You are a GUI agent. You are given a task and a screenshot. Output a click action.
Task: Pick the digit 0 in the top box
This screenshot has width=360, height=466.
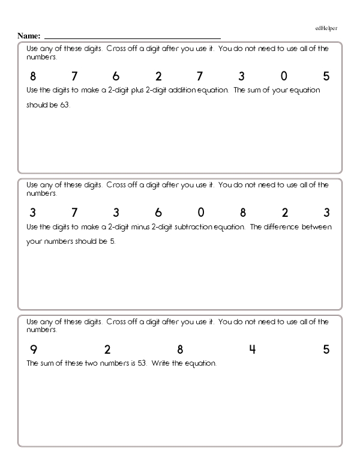284,77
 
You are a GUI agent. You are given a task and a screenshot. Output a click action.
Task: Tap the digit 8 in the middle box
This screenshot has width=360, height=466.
243,213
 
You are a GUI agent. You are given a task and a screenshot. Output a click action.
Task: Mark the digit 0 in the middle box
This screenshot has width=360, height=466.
201,213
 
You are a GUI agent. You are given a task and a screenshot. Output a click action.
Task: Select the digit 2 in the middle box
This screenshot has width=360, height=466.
285,213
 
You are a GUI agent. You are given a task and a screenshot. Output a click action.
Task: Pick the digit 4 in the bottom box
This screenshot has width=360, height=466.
253,349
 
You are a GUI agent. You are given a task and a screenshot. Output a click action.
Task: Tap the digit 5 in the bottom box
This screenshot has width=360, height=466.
326,349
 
